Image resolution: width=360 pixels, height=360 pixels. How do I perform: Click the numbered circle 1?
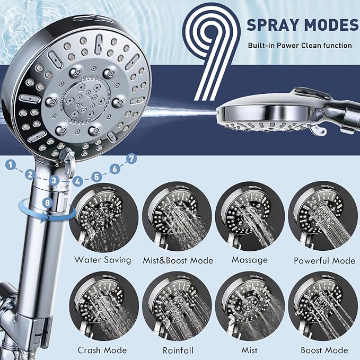10,165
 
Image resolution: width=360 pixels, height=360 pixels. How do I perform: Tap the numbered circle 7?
131,158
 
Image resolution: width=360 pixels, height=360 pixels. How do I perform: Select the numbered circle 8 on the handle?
48,202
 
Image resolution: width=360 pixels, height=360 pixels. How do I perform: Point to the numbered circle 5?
96,175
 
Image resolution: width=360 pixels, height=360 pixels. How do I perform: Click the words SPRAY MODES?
302,25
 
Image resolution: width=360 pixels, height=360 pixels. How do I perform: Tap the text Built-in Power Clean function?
300,46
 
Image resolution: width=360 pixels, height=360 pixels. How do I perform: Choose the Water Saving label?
103,260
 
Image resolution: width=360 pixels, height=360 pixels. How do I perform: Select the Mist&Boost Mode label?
178,260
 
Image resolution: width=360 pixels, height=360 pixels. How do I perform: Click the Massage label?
250,260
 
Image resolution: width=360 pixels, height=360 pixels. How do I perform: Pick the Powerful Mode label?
324,260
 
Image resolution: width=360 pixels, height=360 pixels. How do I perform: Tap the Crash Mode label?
102,350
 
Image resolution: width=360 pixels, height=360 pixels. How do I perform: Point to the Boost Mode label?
324,350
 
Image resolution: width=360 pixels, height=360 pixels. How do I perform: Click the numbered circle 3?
54,181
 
